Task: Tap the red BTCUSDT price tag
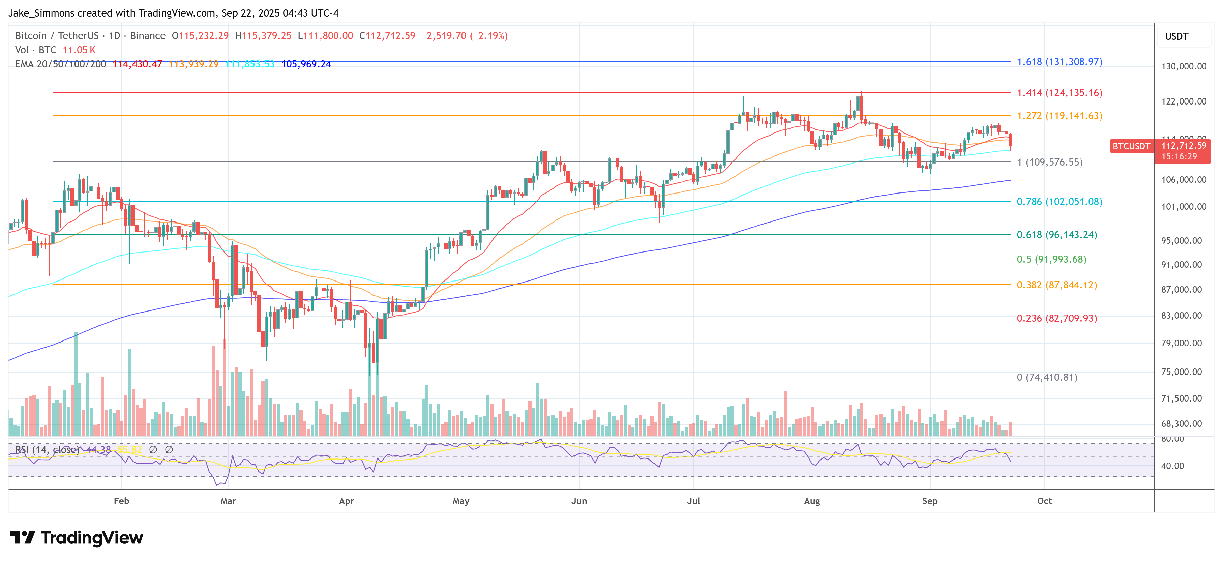pos(1131,146)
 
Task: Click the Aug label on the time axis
pos(812,501)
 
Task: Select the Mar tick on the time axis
pos(228,501)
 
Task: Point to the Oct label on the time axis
pos(1044,501)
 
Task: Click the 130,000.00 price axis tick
pos(1184,66)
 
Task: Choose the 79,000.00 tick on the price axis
pos(1184,343)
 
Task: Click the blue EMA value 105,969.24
pos(306,64)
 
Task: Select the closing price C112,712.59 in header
pos(387,36)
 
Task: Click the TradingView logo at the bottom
pos(77,538)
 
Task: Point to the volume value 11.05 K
pos(79,50)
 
